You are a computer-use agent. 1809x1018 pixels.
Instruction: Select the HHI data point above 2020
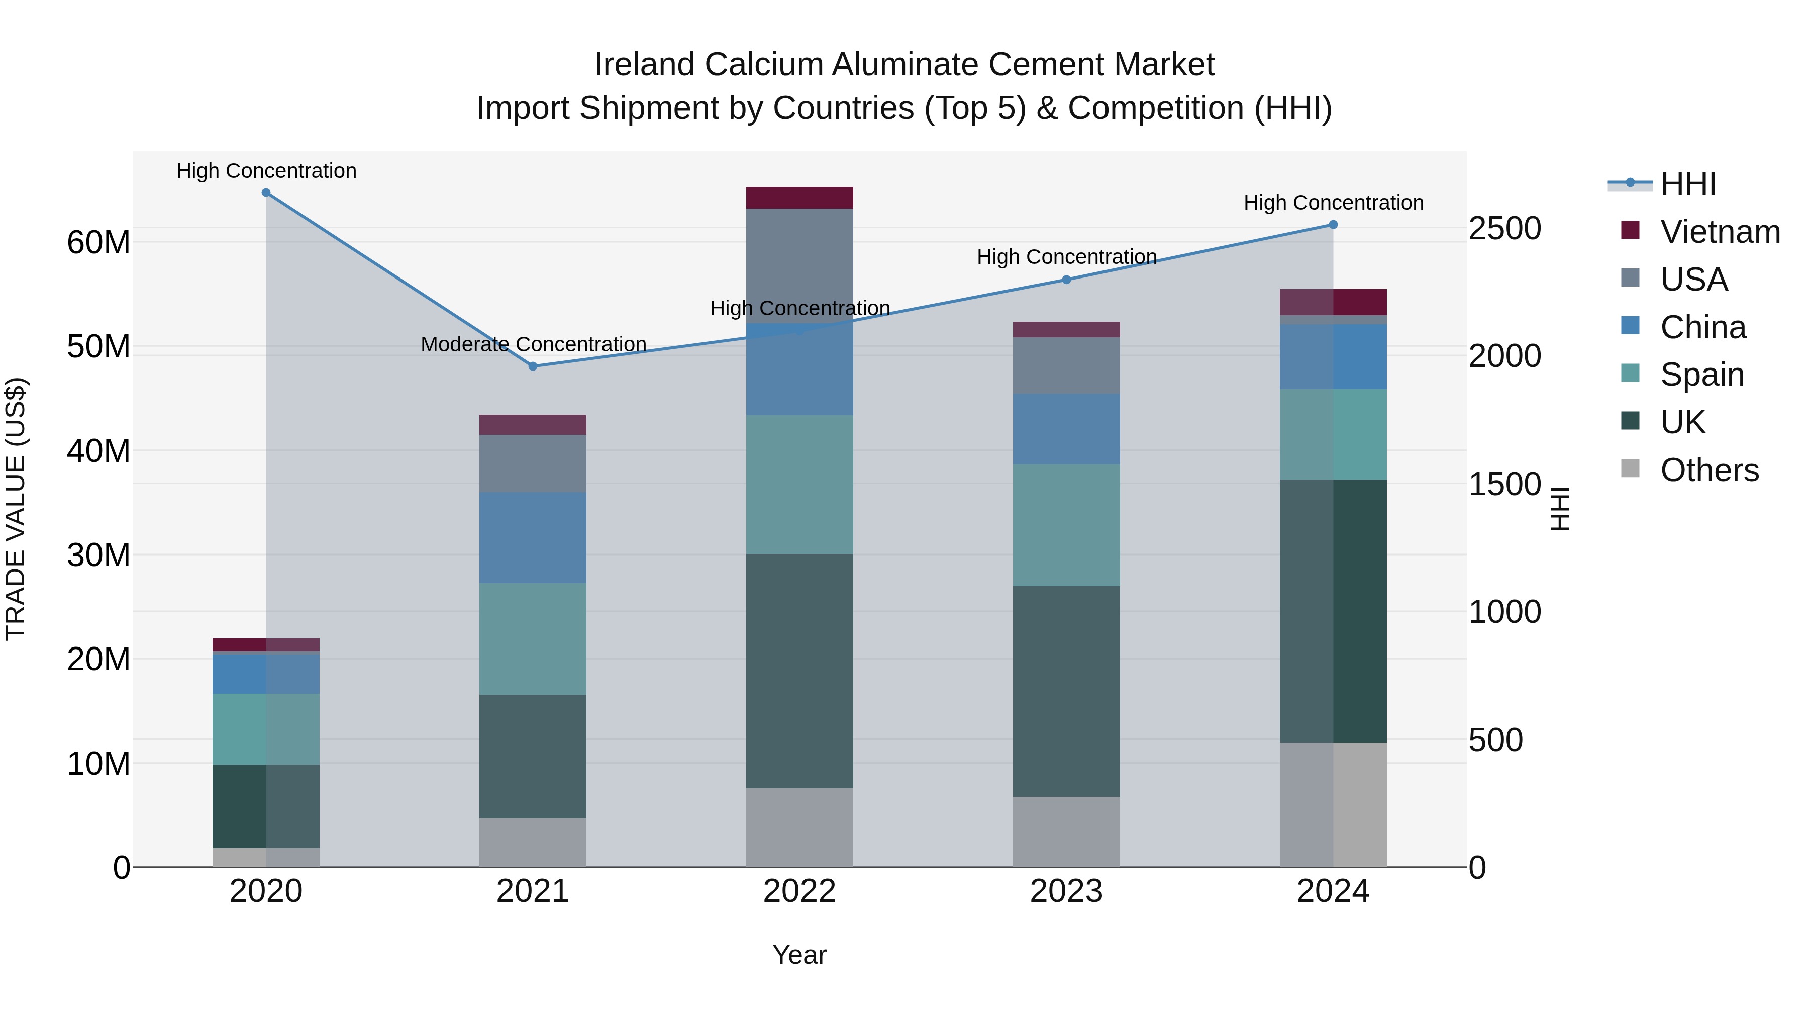(266, 193)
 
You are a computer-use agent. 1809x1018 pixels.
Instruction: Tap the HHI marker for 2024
(1333, 225)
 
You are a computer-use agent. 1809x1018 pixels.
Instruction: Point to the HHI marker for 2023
(1066, 280)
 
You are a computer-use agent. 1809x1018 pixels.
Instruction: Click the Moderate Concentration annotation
(533, 344)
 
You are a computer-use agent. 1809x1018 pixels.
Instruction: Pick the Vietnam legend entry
(1720, 232)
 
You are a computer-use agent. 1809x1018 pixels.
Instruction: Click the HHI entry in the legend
(1687, 184)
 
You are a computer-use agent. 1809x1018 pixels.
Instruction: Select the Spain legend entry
(1701, 375)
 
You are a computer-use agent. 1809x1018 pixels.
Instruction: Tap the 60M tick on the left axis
(98, 242)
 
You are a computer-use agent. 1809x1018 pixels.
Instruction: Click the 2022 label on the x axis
(799, 891)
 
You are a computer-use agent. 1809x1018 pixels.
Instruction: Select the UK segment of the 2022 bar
(799, 671)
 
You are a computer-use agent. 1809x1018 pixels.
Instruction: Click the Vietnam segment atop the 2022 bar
(799, 198)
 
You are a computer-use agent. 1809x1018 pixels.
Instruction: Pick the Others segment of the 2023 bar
(1066, 832)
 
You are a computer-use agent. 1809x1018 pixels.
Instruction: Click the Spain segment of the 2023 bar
(1066, 525)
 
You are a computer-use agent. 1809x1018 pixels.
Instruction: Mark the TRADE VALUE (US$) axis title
(16, 509)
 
